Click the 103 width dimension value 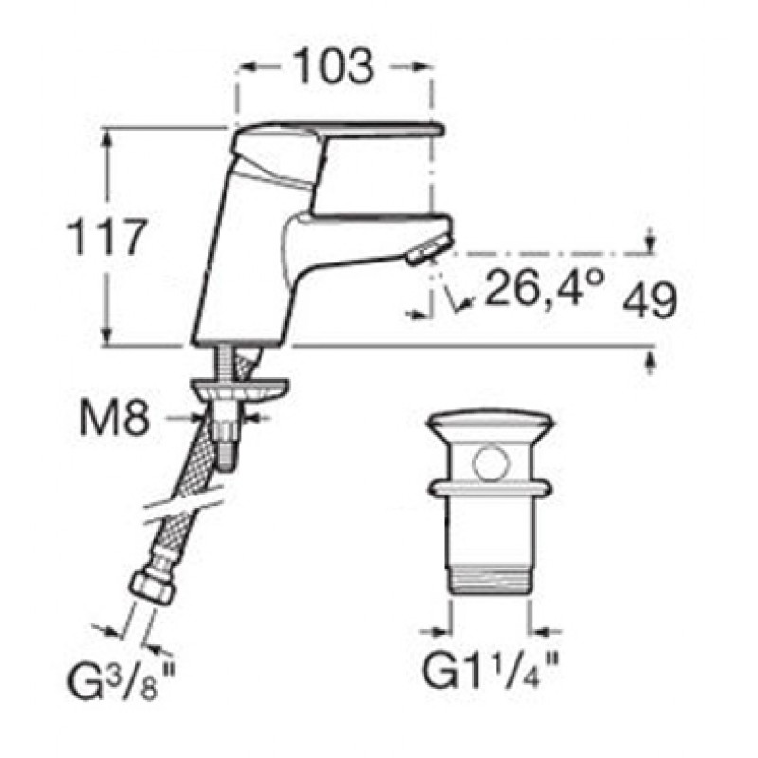[x=334, y=66]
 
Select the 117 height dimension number [x=105, y=236]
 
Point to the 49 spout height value [x=649, y=299]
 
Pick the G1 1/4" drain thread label [x=491, y=672]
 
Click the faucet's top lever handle [x=338, y=145]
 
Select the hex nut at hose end [x=152, y=587]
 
